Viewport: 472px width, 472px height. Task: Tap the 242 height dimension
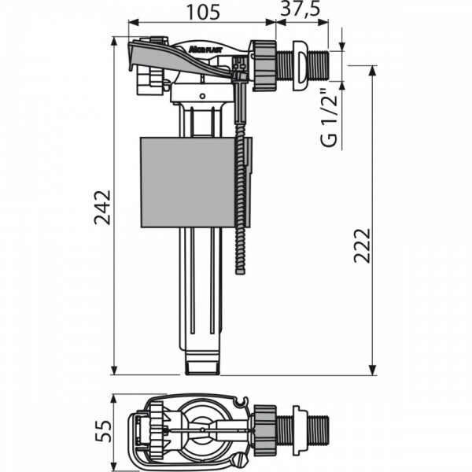101,207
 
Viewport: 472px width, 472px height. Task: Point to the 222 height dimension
360,246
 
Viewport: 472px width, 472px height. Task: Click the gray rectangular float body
192,183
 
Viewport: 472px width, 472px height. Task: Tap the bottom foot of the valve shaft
206,363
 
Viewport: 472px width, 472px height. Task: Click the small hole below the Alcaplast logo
201,96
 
